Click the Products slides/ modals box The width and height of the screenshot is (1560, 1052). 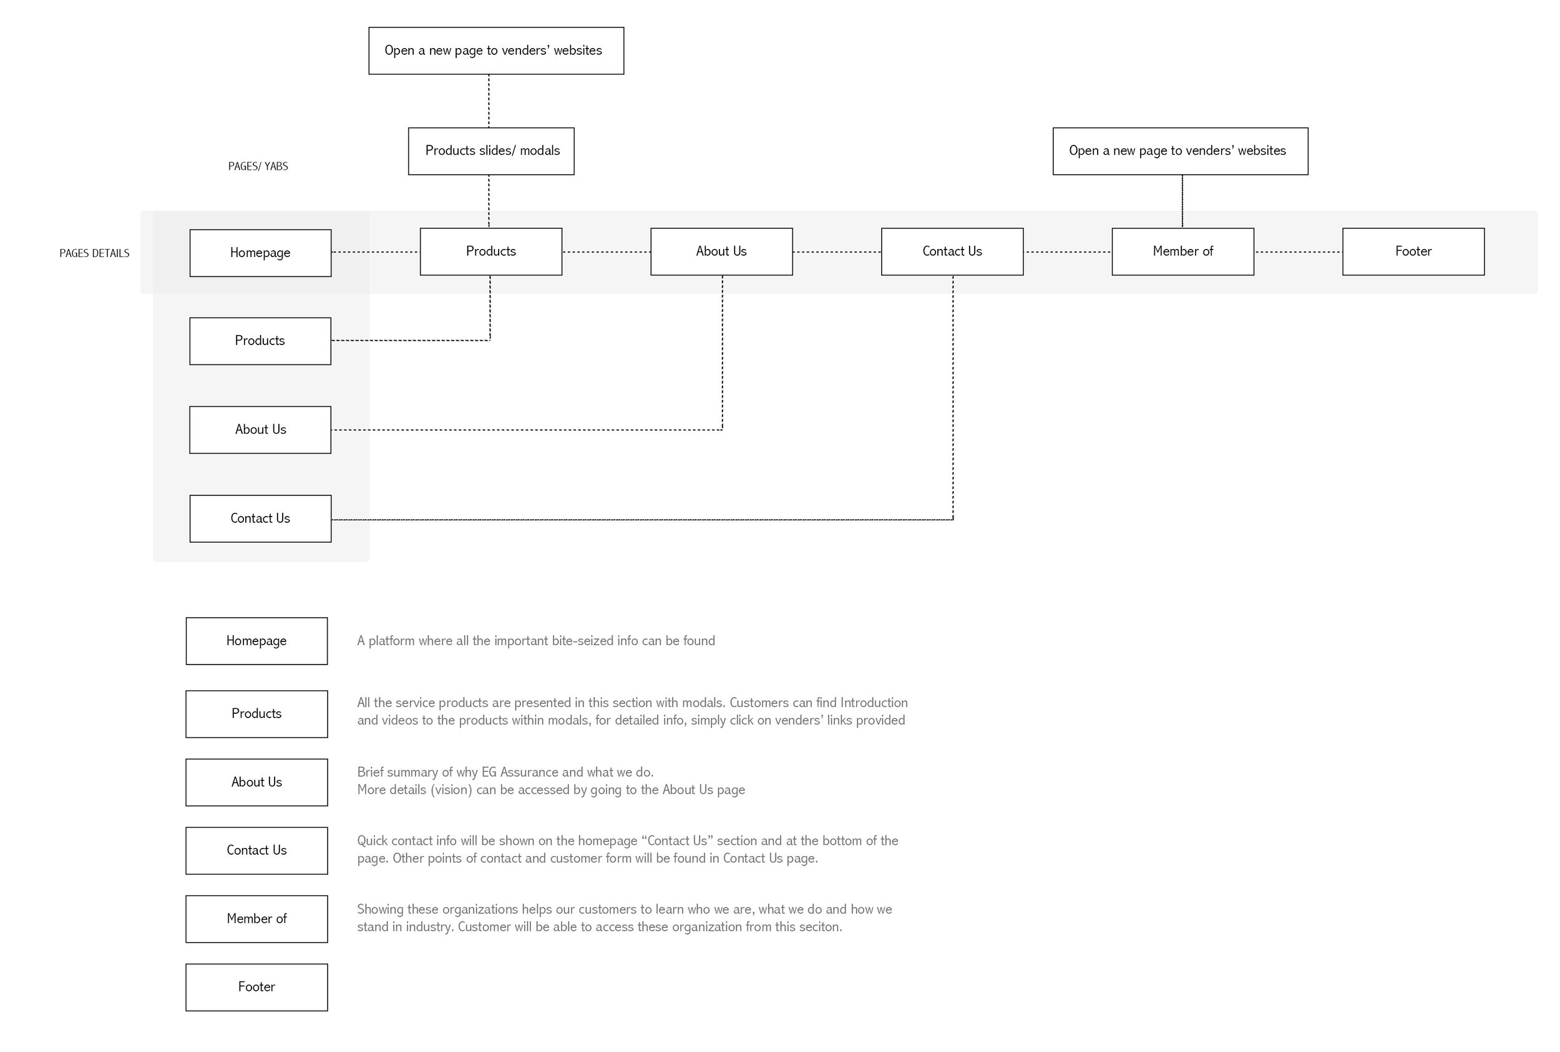(x=490, y=151)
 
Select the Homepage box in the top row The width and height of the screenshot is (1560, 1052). (x=260, y=253)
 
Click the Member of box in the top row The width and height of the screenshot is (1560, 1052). (x=1182, y=251)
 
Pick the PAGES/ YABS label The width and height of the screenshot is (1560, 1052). (x=258, y=167)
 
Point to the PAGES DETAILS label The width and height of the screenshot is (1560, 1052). (x=94, y=253)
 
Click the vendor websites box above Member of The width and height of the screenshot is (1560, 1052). (x=1179, y=151)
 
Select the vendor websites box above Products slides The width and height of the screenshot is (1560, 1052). (x=496, y=51)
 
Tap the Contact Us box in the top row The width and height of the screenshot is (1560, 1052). (x=952, y=251)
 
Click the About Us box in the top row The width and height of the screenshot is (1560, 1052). (x=721, y=251)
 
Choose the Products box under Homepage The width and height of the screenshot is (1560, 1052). (x=260, y=341)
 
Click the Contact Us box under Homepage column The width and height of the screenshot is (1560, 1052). (x=260, y=519)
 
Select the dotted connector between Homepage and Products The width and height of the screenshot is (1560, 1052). (x=375, y=252)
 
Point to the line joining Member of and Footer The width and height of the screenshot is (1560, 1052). (x=1297, y=252)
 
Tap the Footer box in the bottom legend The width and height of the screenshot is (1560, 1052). (x=256, y=987)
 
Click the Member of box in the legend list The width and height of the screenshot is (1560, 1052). (x=256, y=918)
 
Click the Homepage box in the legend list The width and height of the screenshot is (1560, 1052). (x=256, y=641)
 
